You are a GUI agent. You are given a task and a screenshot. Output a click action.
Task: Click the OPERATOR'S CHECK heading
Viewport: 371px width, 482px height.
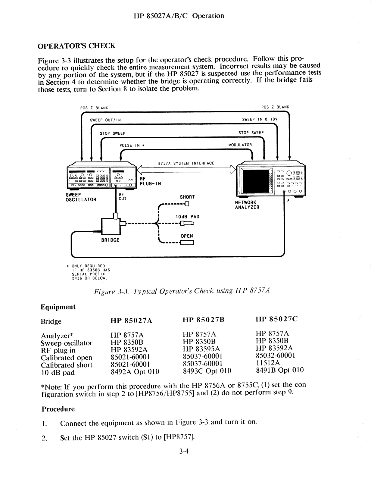(76, 46)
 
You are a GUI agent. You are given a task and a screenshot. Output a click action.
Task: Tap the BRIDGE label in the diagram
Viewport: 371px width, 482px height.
(110, 240)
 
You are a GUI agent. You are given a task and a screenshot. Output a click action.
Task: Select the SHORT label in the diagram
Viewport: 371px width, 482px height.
(187, 197)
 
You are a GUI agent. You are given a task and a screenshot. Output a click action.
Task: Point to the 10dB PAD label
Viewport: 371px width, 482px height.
(187, 217)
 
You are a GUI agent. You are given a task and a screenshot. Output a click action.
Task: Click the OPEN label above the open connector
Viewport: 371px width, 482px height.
(187, 236)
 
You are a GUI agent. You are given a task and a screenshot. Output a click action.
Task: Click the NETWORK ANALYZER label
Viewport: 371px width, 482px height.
(247, 205)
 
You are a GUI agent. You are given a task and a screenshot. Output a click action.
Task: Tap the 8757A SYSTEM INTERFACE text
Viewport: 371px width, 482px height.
(186, 163)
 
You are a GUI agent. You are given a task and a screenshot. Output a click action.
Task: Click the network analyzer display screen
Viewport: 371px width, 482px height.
(255, 181)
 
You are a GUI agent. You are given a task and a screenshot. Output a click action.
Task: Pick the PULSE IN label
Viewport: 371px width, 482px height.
(132, 146)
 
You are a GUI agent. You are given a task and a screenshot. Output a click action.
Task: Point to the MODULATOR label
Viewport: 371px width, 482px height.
(240, 145)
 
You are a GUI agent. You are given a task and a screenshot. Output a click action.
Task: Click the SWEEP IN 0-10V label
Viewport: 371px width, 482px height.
(260, 119)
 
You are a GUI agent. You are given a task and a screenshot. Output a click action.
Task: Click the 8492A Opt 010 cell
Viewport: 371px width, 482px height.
(135, 372)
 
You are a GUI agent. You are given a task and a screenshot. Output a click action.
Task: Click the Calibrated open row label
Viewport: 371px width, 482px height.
(66, 358)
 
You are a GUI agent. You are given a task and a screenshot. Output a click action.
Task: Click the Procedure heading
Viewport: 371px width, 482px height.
(58, 409)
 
